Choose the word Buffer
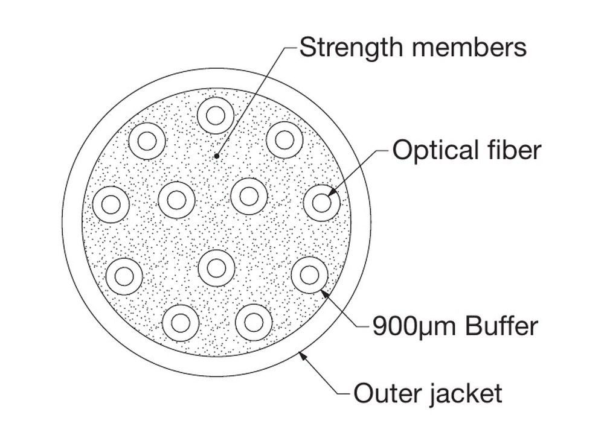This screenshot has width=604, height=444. click(x=501, y=326)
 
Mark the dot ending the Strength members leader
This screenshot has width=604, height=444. click(x=217, y=156)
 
